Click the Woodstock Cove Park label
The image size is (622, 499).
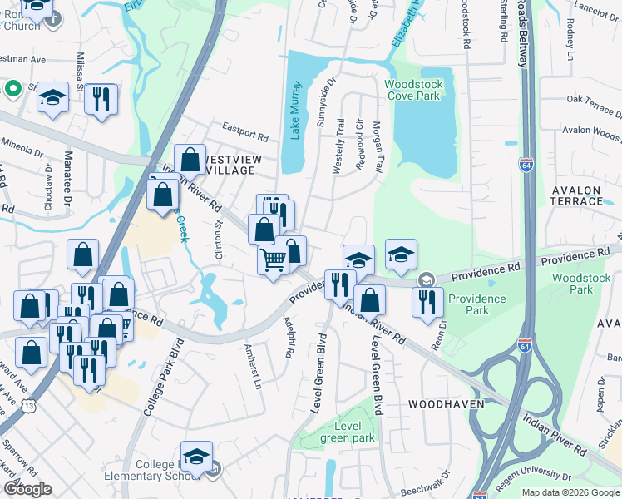[412, 90]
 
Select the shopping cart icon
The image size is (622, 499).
[274, 260]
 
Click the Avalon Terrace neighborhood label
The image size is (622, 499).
[576, 195]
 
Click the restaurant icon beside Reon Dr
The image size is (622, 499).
[427, 301]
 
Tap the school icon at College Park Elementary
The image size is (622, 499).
[196, 456]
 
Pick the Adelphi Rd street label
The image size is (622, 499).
[289, 339]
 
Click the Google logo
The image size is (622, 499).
[27, 489]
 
